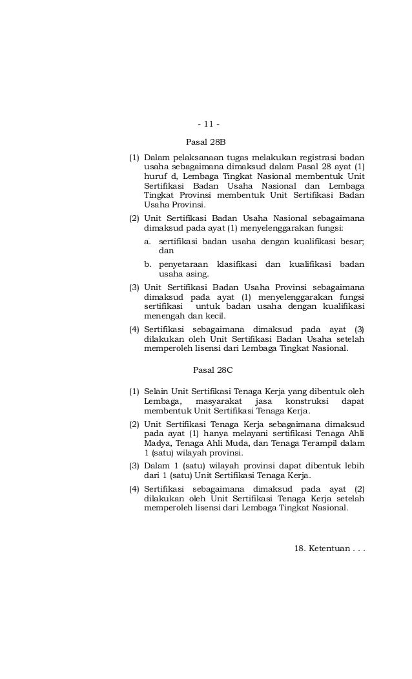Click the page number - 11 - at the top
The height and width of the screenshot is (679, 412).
208,124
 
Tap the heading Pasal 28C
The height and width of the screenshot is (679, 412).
212,370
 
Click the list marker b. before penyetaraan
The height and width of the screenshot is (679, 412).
147,264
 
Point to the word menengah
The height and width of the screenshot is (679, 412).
164,316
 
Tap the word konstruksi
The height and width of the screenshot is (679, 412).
307,401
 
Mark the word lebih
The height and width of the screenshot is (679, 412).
354,465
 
